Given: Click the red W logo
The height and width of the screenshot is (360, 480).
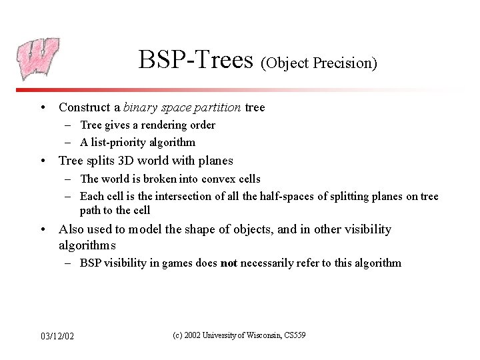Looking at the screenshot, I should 39,59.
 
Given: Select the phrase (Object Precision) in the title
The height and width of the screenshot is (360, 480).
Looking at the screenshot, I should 319,63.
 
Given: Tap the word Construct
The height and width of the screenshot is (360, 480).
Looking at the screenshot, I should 83,107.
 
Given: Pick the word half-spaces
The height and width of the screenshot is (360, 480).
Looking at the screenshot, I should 275,196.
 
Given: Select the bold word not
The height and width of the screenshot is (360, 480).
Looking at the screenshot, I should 229,263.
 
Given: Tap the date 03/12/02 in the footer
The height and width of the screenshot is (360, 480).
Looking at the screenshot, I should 57,336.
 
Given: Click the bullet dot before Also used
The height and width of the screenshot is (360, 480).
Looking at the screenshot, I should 42,230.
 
